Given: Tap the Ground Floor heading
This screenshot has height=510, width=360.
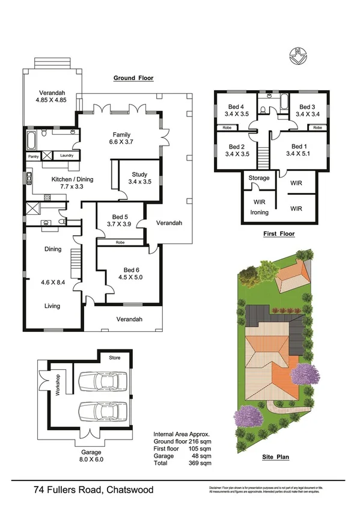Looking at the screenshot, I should click(x=134, y=78).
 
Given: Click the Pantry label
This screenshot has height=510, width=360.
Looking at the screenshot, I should click(x=34, y=156).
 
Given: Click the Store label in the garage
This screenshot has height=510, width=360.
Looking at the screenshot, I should click(x=114, y=358).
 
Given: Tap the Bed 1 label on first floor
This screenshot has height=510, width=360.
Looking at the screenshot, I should click(x=299, y=146).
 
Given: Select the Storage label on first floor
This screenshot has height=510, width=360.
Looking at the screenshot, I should click(x=259, y=178).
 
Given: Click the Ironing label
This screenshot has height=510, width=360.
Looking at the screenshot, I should click(x=260, y=212).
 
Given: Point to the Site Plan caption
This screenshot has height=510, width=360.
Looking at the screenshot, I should click(x=276, y=457).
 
